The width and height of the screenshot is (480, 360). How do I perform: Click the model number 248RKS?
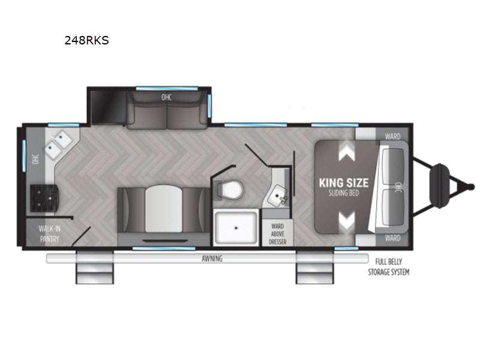[86, 40]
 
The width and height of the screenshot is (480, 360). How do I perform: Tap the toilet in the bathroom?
[230, 190]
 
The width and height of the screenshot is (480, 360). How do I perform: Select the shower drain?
[236, 228]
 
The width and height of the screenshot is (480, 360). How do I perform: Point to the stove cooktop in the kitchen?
[44, 198]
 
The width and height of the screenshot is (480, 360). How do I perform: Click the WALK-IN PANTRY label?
[49, 234]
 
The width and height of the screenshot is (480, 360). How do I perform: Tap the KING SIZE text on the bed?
[343, 183]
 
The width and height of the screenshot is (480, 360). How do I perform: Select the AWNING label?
[212, 259]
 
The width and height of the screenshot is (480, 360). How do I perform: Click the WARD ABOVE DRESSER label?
[278, 234]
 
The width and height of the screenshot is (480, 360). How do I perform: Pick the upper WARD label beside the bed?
[393, 136]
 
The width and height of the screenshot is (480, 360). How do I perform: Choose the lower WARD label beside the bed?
[393, 238]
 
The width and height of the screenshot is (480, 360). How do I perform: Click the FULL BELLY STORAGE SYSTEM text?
[388, 266]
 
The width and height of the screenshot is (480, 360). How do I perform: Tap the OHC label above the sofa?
[167, 97]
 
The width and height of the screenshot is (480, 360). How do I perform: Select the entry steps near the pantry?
[95, 267]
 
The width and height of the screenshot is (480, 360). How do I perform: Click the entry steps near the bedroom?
[314, 267]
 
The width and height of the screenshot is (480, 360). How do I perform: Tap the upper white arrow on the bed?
[347, 152]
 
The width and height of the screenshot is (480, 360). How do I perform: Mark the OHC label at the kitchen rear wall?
[36, 159]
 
